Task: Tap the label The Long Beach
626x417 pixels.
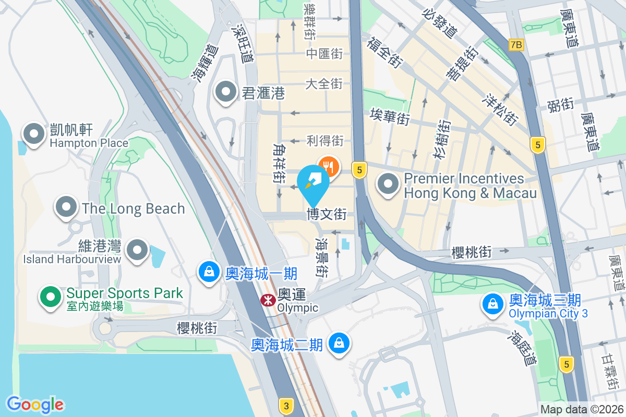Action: [133, 208]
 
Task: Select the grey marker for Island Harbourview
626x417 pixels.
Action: [138, 250]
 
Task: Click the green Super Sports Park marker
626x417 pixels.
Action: [51, 297]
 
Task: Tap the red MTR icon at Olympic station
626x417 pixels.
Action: [268, 300]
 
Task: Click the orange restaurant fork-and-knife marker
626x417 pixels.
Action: [329, 166]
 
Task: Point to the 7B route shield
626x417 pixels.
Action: [515, 45]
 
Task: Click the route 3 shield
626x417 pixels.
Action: [285, 406]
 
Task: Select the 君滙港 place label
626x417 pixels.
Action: [263, 93]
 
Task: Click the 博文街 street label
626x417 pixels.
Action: [327, 214]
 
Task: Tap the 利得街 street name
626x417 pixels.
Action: [325, 140]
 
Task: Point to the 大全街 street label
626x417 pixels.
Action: [323, 83]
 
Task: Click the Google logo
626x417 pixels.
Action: [35, 404]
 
